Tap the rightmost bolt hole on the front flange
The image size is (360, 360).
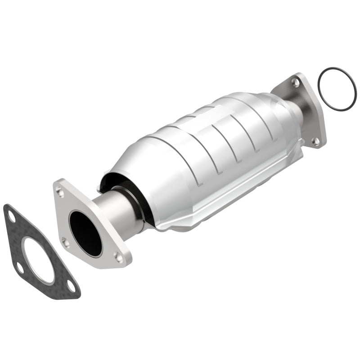click(x=119, y=257)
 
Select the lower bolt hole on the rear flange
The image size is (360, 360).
click(x=316, y=141)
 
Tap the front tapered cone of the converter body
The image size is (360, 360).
click(x=130, y=162)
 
